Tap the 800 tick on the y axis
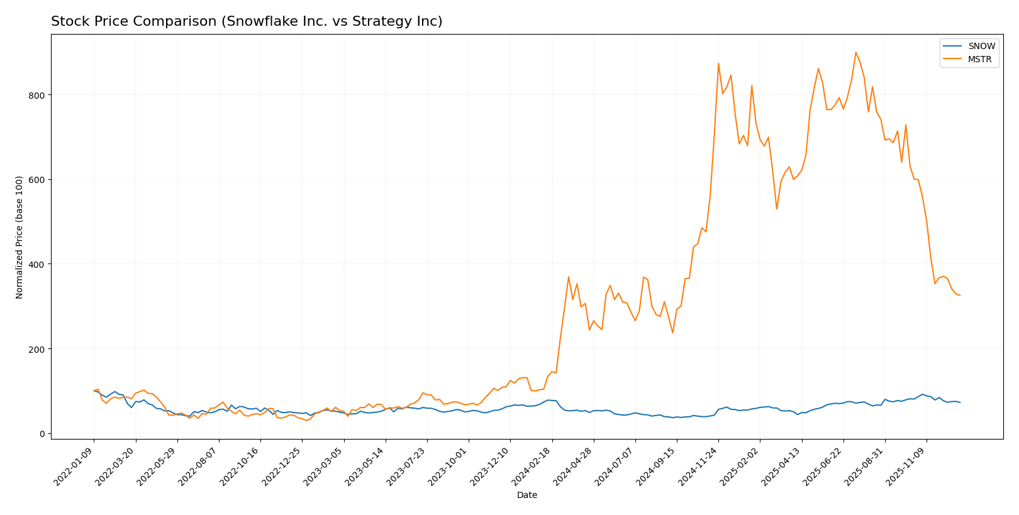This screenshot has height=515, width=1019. (37, 95)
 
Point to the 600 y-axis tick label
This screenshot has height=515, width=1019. (37, 180)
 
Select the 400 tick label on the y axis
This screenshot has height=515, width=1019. (37, 264)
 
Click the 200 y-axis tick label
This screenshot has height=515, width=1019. (37, 349)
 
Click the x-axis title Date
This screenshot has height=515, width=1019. (527, 496)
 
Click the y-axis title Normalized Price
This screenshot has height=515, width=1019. (19, 237)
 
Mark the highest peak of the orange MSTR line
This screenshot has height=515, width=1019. (855, 52)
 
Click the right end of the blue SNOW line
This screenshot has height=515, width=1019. (960, 402)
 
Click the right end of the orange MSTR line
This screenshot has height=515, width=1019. (960, 296)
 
